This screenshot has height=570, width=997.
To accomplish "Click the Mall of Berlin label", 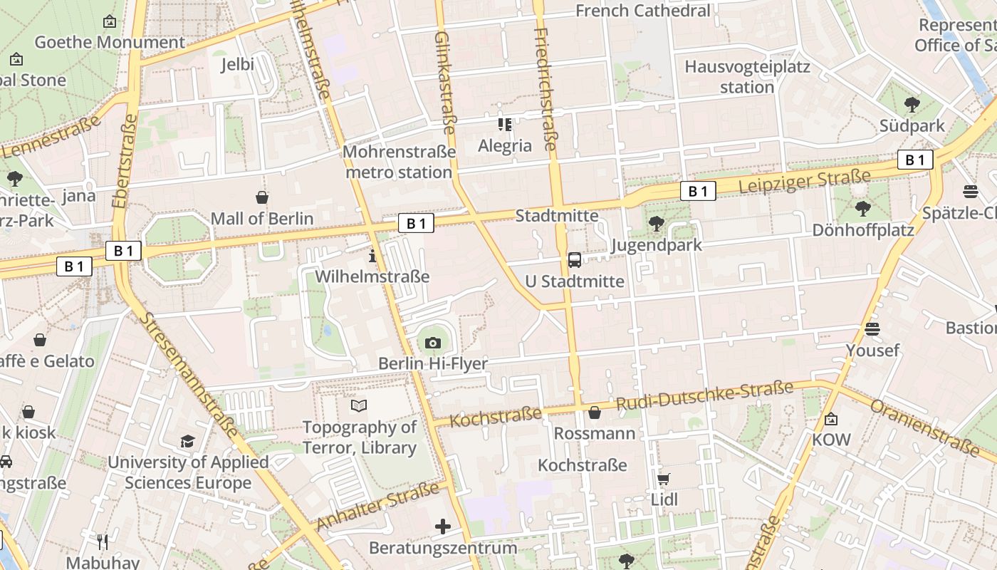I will (x=262, y=219).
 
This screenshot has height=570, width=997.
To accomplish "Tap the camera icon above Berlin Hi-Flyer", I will (x=432, y=343).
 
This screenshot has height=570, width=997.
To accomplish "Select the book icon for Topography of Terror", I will (x=360, y=406).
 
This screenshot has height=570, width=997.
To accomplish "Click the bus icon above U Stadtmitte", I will (x=575, y=260).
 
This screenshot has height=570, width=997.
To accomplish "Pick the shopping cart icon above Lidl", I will (x=664, y=480).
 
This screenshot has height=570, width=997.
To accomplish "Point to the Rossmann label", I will (x=594, y=433).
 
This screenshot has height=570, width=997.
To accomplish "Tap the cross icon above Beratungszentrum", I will (x=443, y=527).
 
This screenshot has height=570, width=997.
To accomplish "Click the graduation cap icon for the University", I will (x=187, y=442).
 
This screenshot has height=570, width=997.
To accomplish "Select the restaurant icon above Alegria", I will (x=505, y=125).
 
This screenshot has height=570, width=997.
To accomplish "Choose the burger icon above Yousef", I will (x=872, y=329).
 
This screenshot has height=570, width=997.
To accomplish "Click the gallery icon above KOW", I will (x=831, y=419).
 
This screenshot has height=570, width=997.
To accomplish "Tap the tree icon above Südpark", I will (x=912, y=105).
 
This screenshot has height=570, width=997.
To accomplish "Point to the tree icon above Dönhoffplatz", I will (x=863, y=209).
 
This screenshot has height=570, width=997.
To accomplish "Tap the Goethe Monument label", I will (x=110, y=42).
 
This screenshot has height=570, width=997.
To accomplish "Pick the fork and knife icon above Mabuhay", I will (x=103, y=542).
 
